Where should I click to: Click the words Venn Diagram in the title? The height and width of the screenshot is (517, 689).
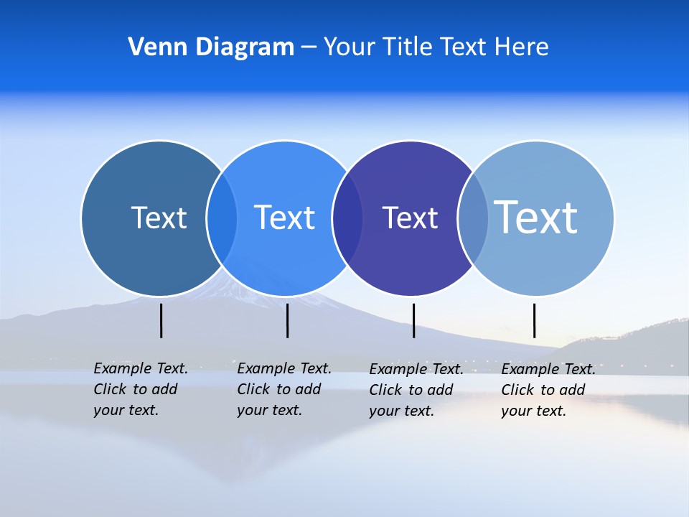tap(211, 47)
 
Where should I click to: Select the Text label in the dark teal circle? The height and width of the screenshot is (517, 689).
tap(159, 218)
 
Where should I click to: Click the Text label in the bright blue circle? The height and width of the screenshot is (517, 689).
tap(284, 218)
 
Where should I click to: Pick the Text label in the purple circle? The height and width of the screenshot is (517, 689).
tap(410, 218)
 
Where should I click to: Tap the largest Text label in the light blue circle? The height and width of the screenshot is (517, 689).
tap(536, 218)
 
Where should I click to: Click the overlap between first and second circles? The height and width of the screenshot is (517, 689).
tap(222, 218)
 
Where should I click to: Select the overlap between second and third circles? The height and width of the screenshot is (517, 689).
tap(347, 218)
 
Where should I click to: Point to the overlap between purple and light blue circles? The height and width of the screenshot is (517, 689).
tap(473, 218)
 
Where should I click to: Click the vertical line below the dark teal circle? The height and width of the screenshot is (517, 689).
tap(161, 320)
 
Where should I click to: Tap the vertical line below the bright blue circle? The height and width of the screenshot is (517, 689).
tap(287, 320)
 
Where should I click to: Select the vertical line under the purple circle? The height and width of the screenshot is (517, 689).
tap(413, 320)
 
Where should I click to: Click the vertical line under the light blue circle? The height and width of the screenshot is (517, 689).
tap(534, 320)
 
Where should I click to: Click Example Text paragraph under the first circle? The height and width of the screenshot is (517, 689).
tap(140, 389)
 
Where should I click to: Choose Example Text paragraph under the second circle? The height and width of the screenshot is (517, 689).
tap(283, 389)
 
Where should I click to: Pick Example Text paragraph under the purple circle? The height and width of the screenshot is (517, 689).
tap(416, 390)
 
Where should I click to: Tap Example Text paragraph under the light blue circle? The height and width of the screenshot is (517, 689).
tap(548, 390)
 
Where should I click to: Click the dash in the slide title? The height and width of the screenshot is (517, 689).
tap(309, 48)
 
